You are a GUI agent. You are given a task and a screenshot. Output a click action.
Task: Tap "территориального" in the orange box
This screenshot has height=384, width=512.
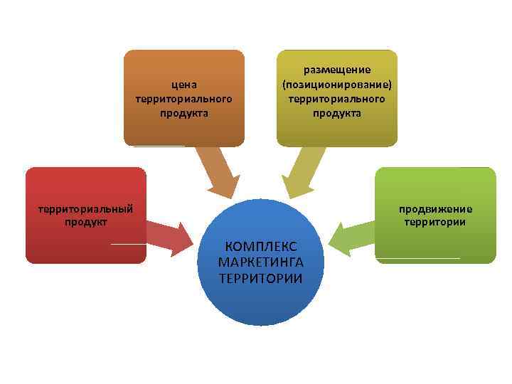(x=184, y=99)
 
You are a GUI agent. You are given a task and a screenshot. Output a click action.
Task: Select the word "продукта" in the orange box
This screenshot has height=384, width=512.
(x=184, y=112)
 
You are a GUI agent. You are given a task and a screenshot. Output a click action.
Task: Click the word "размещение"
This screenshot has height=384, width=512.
(x=337, y=70)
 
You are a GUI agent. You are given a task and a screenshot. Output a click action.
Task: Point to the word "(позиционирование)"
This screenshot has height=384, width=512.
(x=337, y=84)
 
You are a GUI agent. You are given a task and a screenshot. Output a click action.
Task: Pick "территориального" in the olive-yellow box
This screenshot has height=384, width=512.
(x=337, y=98)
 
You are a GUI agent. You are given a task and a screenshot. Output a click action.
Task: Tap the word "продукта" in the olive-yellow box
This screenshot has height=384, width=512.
(x=337, y=112)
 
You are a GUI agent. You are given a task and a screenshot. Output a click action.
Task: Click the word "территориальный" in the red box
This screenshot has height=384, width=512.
(x=85, y=208)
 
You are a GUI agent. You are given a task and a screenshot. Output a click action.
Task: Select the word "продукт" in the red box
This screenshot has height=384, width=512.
(x=85, y=222)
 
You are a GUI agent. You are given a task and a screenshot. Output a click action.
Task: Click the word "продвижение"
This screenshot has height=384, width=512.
(x=435, y=208)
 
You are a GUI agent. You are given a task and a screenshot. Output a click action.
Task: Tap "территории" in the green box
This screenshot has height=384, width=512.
(x=435, y=222)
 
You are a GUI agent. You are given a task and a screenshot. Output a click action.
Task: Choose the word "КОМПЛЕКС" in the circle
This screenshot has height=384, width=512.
(x=261, y=247)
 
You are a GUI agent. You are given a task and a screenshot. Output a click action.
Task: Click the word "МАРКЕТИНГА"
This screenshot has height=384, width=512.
(x=261, y=262)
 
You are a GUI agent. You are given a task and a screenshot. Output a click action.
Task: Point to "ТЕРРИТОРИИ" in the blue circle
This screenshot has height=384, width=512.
(x=261, y=278)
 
